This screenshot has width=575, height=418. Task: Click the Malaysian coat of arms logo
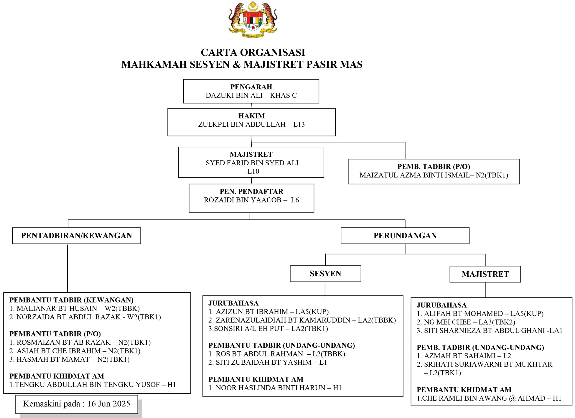[x=253, y=20]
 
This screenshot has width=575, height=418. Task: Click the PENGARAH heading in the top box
[x=251, y=87]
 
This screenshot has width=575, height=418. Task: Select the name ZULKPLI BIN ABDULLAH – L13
[x=251, y=124]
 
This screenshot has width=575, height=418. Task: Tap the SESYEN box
[x=325, y=274]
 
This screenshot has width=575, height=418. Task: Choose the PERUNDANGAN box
[x=405, y=236]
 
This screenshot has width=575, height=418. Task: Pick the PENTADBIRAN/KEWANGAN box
[x=76, y=236]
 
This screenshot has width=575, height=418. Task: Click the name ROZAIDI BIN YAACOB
[x=243, y=200]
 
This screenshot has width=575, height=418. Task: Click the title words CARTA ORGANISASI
[x=253, y=52]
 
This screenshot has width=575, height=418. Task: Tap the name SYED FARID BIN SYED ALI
[x=252, y=163]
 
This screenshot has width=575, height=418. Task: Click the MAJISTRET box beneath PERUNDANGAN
[x=485, y=274]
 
